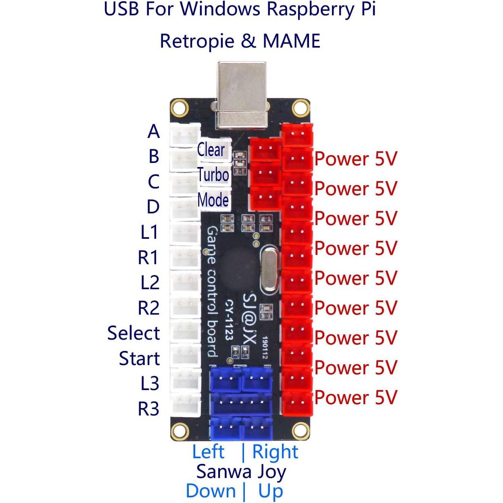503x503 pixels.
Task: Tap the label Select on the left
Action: (x=134, y=333)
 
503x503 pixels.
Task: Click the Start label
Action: (x=139, y=358)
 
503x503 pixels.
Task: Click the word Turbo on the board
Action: (x=213, y=175)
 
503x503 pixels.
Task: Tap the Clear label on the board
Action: (x=211, y=150)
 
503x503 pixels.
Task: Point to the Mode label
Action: (x=213, y=200)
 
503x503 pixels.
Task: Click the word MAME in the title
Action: (x=291, y=41)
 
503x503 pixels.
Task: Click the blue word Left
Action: (x=208, y=452)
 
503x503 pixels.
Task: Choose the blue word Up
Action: (x=271, y=491)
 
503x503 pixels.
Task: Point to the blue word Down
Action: (x=211, y=491)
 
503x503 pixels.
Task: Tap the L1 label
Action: (x=149, y=232)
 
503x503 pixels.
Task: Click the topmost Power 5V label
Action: (x=356, y=159)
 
